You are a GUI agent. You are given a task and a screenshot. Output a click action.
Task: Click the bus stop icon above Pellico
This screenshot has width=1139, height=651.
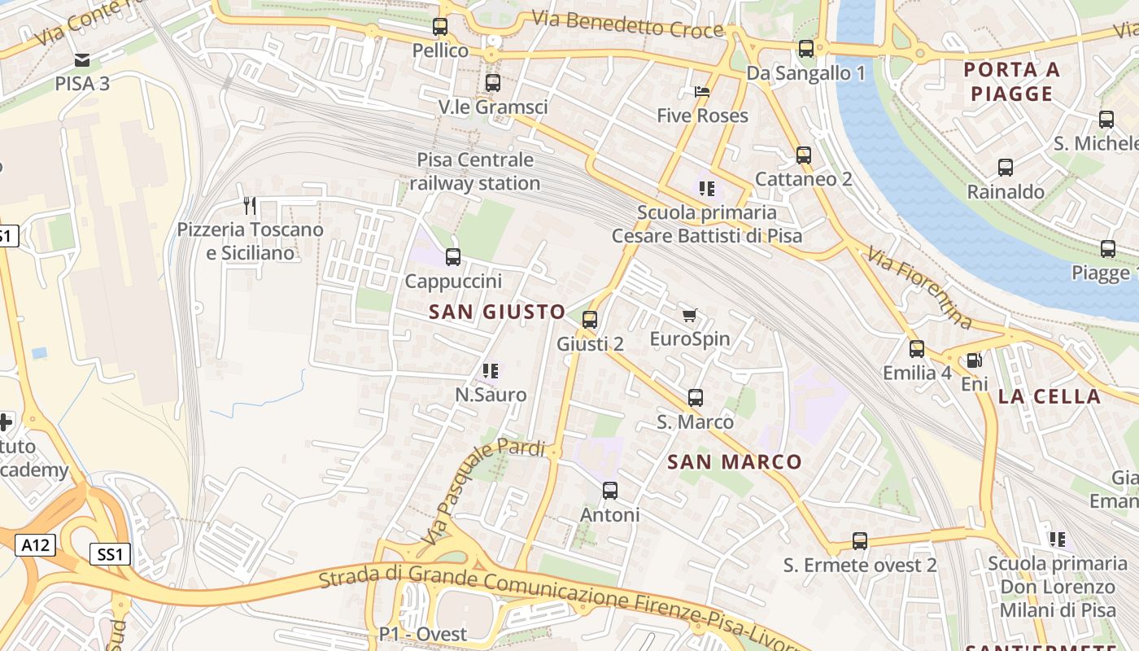440,27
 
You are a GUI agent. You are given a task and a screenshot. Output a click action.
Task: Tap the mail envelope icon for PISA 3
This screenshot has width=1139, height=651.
81,59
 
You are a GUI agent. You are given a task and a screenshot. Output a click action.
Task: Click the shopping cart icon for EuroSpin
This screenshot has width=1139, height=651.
689,315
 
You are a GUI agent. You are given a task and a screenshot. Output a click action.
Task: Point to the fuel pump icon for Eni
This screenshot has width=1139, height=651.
973,360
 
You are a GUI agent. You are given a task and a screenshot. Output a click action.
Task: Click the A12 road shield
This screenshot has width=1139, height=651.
35,544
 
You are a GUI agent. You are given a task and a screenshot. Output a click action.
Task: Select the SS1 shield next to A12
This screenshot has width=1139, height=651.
110,555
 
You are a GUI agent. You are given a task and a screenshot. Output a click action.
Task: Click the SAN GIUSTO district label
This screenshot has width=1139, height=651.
497,312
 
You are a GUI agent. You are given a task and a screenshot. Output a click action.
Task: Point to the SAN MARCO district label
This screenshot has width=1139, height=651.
735,462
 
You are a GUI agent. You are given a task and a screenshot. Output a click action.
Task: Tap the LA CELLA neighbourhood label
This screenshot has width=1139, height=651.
1049,396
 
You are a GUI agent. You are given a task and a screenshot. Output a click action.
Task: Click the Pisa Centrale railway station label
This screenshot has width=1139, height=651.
475,172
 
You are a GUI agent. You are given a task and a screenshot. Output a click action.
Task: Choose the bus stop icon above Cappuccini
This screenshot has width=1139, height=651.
453,257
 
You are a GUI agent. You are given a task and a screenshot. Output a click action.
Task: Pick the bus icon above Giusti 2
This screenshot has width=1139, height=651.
590,320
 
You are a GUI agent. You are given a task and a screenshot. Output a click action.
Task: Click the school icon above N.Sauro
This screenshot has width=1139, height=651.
490,371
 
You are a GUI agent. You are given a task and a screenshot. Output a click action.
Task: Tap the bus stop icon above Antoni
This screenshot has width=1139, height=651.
609,491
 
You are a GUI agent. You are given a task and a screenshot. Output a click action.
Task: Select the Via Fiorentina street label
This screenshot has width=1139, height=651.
920,289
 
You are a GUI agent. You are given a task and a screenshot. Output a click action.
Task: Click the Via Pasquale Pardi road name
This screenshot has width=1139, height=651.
483,492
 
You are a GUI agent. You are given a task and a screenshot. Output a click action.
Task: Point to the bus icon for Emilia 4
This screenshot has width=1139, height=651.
917,349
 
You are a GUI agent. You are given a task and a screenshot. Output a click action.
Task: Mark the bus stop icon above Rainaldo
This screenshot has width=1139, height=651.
1006,168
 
